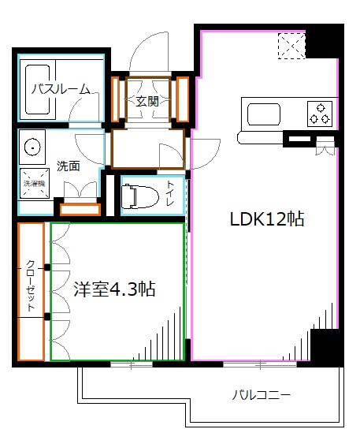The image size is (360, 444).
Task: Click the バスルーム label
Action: (x=60, y=89)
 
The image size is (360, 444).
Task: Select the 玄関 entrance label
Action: (x=147, y=100)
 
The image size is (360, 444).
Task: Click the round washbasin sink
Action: (x=32, y=147)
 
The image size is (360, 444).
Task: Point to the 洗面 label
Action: (x=68, y=166)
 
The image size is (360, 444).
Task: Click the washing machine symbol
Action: (x=32, y=181)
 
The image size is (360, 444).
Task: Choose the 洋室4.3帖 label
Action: (x=115, y=289)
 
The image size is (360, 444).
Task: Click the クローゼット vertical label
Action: (x=30, y=285)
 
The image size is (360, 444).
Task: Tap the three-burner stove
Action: (x=319, y=114)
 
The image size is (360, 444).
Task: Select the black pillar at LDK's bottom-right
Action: (x=325, y=345)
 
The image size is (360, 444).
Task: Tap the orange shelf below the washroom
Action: (x=80, y=209)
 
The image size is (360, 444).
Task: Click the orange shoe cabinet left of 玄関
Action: (x=116, y=99)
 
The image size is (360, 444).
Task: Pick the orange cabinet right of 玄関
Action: (x=182, y=99)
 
